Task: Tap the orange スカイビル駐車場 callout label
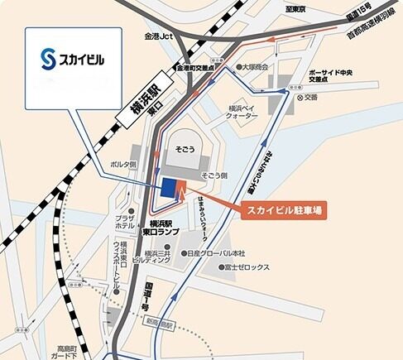click(285, 209)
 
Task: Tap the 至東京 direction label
click(295, 9)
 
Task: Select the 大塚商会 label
click(255, 66)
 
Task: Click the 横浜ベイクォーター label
click(242, 112)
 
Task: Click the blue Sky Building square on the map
click(169, 189)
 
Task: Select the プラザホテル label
click(125, 219)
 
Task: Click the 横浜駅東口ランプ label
click(160, 229)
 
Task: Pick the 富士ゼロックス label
click(247, 268)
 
